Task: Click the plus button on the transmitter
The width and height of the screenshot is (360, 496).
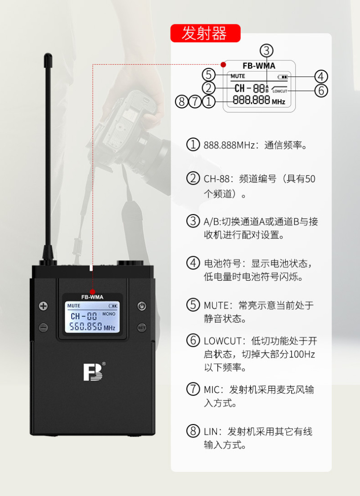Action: pos(43,306)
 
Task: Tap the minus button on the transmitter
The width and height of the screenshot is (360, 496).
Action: pos(43,327)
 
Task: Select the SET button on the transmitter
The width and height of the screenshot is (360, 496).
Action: pos(142,327)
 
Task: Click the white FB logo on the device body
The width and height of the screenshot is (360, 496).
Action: pos(93,372)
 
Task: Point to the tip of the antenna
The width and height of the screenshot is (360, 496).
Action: pos(48,54)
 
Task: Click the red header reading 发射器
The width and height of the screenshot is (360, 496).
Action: pos(205,33)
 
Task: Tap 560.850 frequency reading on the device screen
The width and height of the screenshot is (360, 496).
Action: pos(86,326)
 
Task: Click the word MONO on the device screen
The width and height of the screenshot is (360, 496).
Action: pos(108,314)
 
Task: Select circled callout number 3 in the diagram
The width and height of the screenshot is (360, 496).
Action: pos(266,51)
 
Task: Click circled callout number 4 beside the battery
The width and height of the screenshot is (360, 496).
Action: pos(321,76)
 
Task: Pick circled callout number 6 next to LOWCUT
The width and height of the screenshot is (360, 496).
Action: pos(321,90)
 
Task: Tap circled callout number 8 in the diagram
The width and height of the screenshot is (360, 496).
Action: pos(182,102)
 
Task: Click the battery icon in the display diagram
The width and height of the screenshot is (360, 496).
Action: pos(283,77)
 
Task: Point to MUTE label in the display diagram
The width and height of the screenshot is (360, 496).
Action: pos(238,76)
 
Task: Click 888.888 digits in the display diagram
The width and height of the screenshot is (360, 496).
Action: pos(252,100)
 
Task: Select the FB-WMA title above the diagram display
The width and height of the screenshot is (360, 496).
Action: pos(259,66)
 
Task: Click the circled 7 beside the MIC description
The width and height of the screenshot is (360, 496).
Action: pos(193,389)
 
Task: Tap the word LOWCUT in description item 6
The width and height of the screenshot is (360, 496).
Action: pos(223,341)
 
